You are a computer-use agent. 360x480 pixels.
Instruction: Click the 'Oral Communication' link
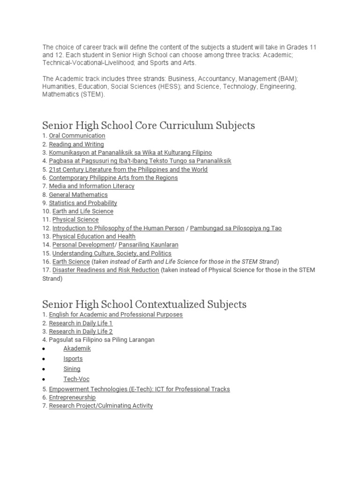tap(77, 136)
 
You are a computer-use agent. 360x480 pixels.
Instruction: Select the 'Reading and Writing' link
tap(76, 144)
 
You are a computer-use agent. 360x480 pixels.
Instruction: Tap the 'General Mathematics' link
tap(78, 195)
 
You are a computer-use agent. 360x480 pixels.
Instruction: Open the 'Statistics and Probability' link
tap(83, 203)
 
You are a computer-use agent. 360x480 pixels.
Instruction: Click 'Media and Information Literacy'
tap(91, 186)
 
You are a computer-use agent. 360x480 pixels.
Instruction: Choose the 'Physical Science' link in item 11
tap(75, 219)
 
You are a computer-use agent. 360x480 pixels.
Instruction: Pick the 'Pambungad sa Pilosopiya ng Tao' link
tap(236, 228)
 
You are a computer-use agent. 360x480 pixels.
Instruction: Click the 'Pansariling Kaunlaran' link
tap(148, 245)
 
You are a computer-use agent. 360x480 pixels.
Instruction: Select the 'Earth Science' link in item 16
tap(71, 262)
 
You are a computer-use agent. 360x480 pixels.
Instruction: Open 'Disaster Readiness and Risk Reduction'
tap(105, 270)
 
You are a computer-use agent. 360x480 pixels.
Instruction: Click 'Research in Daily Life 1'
tap(81, 323)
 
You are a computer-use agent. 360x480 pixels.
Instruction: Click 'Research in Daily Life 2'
tap(81, 331)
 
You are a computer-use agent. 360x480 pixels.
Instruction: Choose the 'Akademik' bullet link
tap(77, 349)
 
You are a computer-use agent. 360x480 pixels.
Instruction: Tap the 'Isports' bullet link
tap(73, 359)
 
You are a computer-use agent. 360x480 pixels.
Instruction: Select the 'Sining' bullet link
tap(72, 369)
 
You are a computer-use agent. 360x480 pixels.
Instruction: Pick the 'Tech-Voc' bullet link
tap(76, 379)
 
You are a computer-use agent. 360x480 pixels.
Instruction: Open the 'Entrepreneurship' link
tap(72, 397)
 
